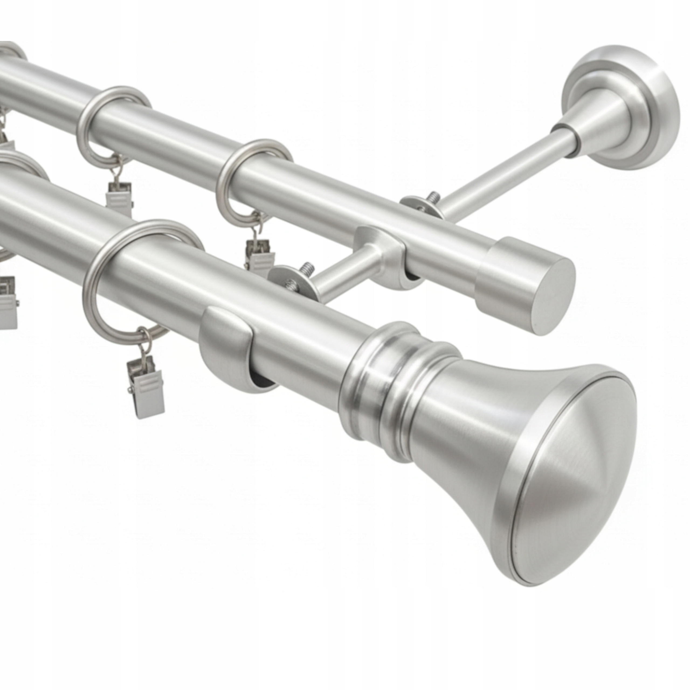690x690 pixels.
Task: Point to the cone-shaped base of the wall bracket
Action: click(x=593, y=129)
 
